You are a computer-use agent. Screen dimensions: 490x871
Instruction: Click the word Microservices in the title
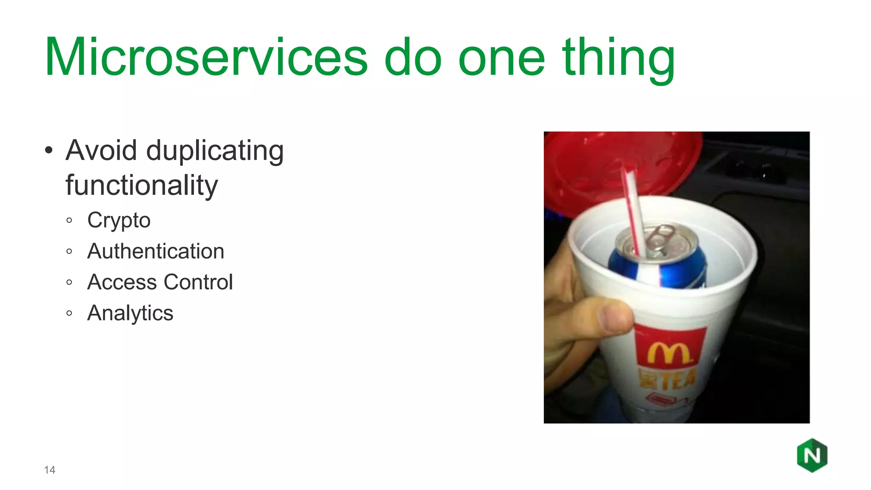click(206, 57)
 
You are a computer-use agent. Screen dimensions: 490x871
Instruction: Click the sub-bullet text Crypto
click(119, 220)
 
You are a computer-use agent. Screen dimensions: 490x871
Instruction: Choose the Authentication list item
click(156, 251)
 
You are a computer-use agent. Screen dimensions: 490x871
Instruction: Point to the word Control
click(198, 282)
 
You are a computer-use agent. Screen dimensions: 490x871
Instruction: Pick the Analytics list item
click(130, 313)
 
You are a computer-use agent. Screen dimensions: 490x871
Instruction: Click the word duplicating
click(215, 151)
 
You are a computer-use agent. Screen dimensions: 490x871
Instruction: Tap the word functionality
click(142, 185)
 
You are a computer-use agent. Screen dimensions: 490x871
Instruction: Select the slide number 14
click(49, 470)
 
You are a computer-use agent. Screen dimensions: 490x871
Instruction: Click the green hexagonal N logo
click(812, 456)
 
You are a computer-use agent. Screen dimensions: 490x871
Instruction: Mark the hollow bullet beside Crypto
click(69, 220)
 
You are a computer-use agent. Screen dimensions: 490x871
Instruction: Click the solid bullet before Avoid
click(49, 151)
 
